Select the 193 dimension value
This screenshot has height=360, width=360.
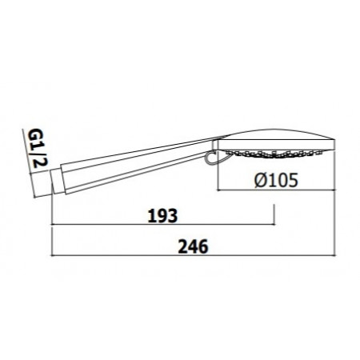coord(162,217)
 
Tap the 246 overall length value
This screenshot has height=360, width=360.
coord(193,246)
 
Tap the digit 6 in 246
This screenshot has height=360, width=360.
coord(205,246)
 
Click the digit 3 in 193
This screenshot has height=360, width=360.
coord(173,217)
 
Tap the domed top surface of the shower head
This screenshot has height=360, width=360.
coord(272,132)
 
